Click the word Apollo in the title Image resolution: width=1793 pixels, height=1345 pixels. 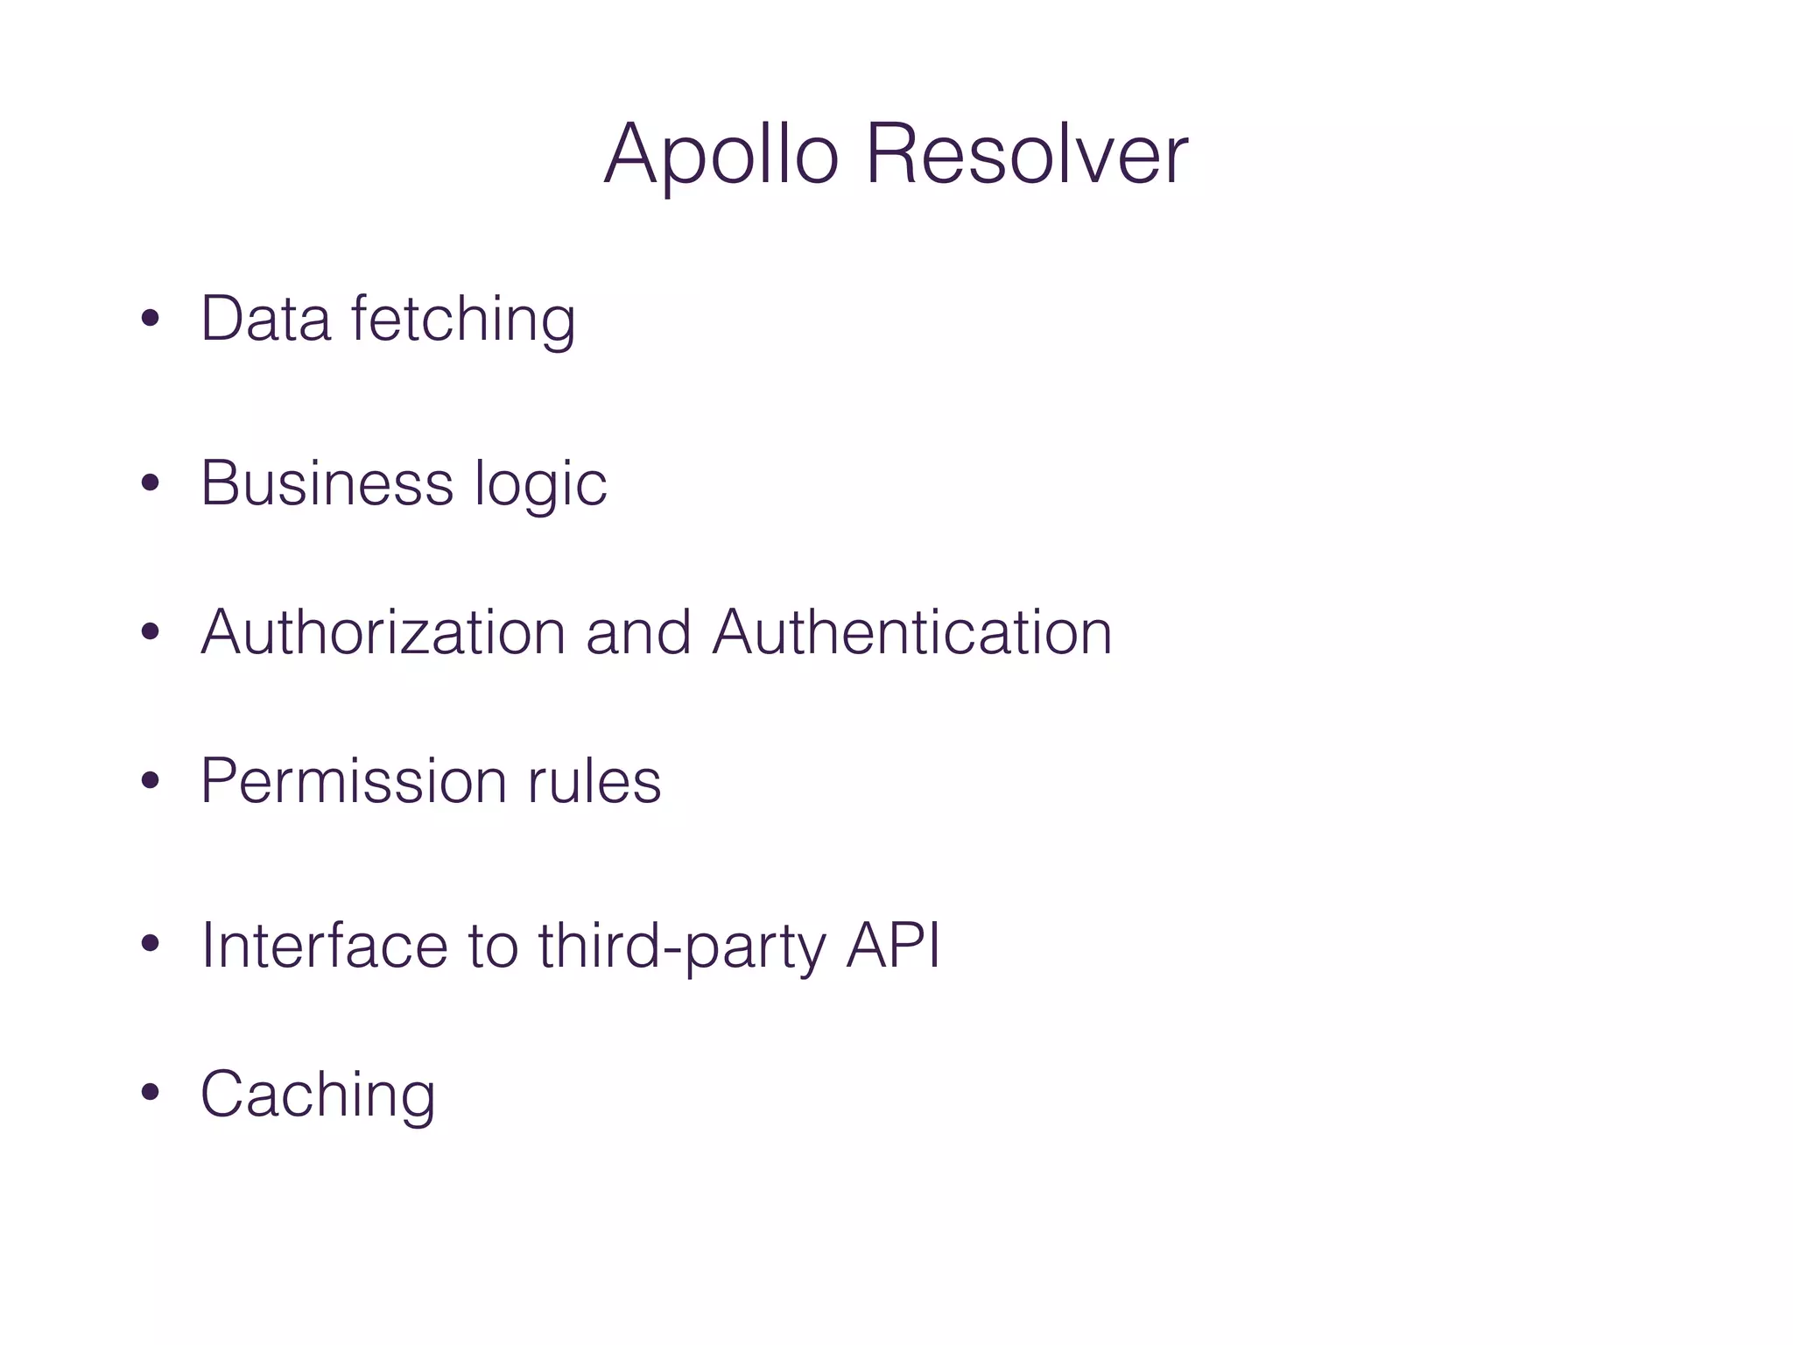point(721,155)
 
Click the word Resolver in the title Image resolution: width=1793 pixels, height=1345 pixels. point(1027,155)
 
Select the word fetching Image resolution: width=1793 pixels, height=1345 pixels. point(463,320)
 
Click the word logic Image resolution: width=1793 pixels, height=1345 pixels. point(540,484)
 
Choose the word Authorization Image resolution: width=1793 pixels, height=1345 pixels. point(383,631)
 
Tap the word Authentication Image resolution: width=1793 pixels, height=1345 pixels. point(911,631)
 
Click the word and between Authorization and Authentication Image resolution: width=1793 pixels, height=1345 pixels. point(638,631)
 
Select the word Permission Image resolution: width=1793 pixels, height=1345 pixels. point(353,780)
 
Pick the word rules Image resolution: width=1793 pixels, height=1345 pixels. point(594,780)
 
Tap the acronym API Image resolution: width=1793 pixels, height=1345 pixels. point(893,945)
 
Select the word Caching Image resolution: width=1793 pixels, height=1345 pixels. point(318,1095)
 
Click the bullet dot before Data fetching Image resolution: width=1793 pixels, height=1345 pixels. point(151,319)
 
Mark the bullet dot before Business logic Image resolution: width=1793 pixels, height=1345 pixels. point(151,483)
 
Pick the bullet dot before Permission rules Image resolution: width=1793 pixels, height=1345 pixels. point(151,781)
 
